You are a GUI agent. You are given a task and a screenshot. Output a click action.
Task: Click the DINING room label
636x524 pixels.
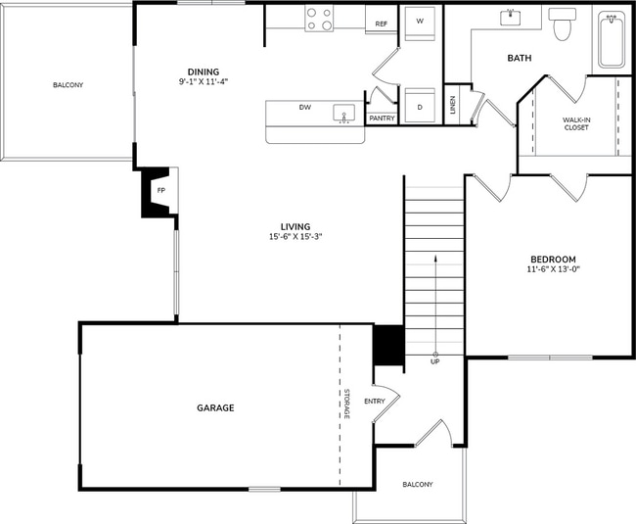(204, 71)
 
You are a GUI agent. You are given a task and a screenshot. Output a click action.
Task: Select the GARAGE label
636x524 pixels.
(215, 407)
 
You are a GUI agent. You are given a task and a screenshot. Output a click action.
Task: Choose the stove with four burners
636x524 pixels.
(319, 19)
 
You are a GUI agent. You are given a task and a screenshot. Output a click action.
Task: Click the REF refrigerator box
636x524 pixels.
(381, 23)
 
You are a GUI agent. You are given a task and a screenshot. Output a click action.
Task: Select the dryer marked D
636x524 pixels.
(420, 106)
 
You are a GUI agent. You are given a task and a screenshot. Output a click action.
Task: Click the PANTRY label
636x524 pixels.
(382, 119)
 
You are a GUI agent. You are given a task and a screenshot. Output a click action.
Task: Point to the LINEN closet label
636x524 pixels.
(453, 105)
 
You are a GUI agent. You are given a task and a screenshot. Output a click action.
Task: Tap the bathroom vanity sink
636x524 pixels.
(511, 18)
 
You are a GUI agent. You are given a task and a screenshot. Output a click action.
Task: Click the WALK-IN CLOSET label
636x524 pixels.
(575, 123)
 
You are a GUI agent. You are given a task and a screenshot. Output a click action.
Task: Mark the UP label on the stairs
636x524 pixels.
(434, 361)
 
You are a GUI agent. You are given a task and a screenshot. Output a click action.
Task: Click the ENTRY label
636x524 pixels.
(375, 401)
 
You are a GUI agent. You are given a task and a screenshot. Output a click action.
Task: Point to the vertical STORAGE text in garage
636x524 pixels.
(346, 405)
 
